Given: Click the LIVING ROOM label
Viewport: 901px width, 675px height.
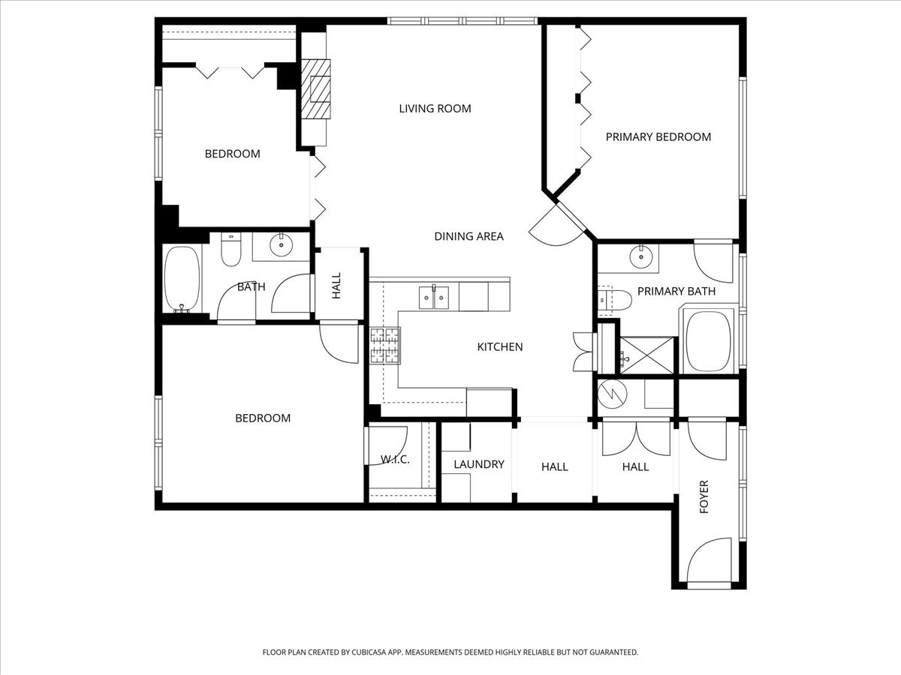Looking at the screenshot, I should pos(435,109).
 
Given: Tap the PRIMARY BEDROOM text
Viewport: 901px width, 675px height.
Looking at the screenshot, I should pos(658,136).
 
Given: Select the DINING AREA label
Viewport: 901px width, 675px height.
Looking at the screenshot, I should pos(469,236).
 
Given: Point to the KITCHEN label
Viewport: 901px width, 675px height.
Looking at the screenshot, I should pos(500,346).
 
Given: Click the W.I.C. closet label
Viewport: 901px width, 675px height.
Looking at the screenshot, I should pos(395,459).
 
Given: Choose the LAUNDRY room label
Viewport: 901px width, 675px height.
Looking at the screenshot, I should pos(478,464).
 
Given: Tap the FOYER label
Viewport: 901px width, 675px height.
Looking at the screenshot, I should pos(704,496).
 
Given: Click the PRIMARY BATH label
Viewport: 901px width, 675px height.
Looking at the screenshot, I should pos(676,291).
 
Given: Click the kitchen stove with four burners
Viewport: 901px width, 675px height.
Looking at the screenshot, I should pos(384,346).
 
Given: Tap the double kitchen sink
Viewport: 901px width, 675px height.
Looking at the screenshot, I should pos(434,297).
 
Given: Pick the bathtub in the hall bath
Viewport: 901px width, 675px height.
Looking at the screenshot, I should pos(182,278).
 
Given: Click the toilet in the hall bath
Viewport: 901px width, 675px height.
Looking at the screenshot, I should pos(231,252).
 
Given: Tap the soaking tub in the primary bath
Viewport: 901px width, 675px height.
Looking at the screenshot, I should pos(709,342).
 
